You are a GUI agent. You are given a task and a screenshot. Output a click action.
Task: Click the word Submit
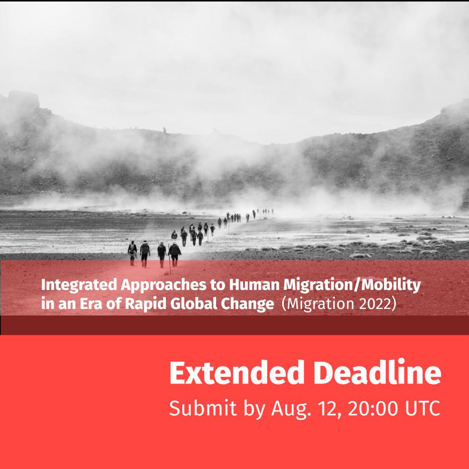(203, 408)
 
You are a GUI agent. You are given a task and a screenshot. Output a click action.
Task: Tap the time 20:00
(373, 408)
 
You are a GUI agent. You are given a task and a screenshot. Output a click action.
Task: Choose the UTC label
(423, 408)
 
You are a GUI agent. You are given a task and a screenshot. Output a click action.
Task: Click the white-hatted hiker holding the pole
(174, 254)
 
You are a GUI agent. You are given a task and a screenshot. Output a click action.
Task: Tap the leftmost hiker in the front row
(132, 253)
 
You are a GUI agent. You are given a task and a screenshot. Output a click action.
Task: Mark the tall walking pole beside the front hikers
(169, 259)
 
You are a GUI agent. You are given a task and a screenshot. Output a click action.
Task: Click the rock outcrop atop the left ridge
(23, 99)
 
